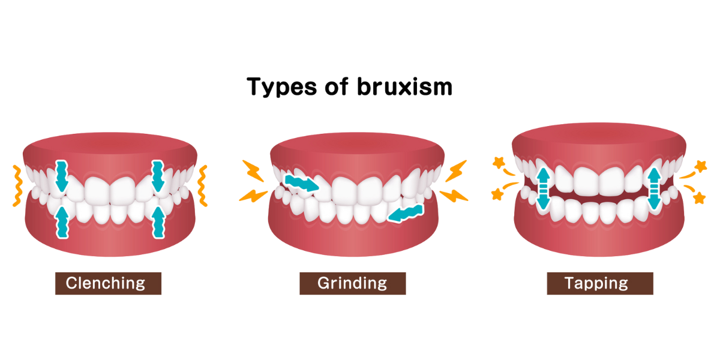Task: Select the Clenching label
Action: [108, 283]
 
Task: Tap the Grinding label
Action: [352, 283]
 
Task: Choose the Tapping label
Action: [599, 283]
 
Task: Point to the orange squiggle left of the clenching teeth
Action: [17, 186]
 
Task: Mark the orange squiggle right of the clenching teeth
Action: [202, 186]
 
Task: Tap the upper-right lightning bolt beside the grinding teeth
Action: [456, 169]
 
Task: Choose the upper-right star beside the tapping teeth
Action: [700, 166]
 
